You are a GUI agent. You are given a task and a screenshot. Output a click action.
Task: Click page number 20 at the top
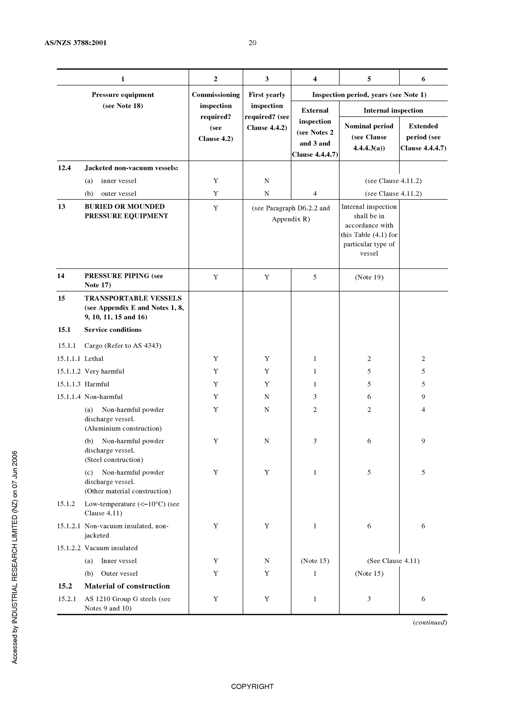(252, 43)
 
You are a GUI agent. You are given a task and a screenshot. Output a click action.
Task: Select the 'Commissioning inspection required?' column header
(216, 116)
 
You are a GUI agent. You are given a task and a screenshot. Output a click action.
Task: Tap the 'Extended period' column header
(423, 137)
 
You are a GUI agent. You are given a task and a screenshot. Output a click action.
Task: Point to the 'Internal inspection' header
(393, 110)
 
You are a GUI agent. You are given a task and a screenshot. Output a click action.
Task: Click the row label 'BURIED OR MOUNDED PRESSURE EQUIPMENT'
(126, 211)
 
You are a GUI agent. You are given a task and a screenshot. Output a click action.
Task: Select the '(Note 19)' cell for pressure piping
(369, 277)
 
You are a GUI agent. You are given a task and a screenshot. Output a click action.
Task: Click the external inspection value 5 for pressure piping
(315, 277)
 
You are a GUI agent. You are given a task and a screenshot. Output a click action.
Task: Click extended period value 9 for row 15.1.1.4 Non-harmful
(423, 397)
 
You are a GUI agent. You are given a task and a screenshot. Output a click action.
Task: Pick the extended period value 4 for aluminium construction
(423, 410)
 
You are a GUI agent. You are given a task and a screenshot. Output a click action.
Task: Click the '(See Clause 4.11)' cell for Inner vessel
(393, 561)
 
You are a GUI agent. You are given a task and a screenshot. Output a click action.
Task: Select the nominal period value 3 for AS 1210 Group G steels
(369, 599)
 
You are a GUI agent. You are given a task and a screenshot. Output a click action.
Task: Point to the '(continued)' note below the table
(430, 622)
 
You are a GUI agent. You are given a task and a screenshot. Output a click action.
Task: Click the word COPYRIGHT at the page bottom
(252, 686)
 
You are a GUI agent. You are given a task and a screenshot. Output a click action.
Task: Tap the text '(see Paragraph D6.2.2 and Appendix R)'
(291, 213)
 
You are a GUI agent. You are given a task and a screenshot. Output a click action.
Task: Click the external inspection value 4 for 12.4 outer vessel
(315, 193)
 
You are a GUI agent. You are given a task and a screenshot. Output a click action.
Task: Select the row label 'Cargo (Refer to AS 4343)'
(123, 345)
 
